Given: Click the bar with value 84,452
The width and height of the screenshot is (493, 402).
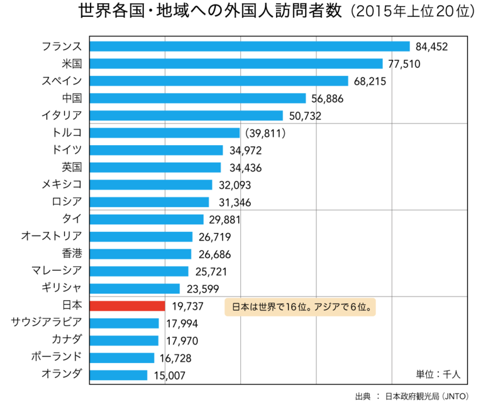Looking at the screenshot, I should tap(250, 46).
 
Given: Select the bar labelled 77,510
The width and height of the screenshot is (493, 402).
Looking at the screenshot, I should tap(236, 63).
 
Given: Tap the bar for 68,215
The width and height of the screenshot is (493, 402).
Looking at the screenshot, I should tap(219, 81).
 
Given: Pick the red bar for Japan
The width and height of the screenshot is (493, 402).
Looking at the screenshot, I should tap(128, 306).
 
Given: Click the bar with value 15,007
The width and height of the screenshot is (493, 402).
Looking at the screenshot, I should tap(119, 375).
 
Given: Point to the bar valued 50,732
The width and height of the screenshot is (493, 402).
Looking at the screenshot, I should tap(187, 116).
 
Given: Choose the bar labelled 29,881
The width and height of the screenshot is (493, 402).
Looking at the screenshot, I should tap(147, 219).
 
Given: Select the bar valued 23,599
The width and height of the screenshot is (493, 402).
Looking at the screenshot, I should tap(135, 288).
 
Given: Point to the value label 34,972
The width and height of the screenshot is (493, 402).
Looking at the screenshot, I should tap(245, 150).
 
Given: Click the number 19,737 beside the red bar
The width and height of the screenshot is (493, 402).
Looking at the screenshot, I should tap(187, 306).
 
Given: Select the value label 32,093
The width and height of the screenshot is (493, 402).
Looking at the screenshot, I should tap(234, 185).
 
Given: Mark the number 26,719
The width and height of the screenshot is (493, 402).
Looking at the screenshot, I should tap(214, 237).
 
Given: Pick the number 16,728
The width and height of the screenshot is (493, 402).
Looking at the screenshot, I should tap(176, 358).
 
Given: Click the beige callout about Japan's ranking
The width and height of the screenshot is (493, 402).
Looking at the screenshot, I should tap(300, 307).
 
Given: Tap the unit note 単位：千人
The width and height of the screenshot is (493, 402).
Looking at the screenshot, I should tap(438, 373).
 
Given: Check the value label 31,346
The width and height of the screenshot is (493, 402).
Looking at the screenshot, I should tap(230, 202).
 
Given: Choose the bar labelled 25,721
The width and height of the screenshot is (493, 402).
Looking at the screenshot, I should tap(140, 271).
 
